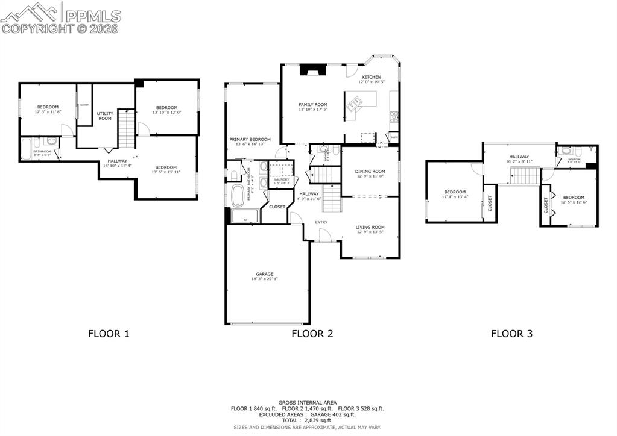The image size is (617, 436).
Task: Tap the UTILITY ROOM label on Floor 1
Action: point(105,116)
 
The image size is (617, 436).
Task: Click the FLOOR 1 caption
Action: point(109,333)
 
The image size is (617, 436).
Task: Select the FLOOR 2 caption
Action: point(312,333)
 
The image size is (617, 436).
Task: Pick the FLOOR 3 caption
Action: point(511,333)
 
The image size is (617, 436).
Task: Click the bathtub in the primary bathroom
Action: point(238,196)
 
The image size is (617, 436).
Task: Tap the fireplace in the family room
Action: point(312,70)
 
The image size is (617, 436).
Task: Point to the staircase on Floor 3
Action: point(525,176)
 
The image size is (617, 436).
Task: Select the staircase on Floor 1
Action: point(126,129)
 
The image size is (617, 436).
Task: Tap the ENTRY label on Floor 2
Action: point(322,222)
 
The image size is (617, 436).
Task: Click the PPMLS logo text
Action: point(92,16)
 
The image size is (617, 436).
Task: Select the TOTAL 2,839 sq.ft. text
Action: point(307,420)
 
